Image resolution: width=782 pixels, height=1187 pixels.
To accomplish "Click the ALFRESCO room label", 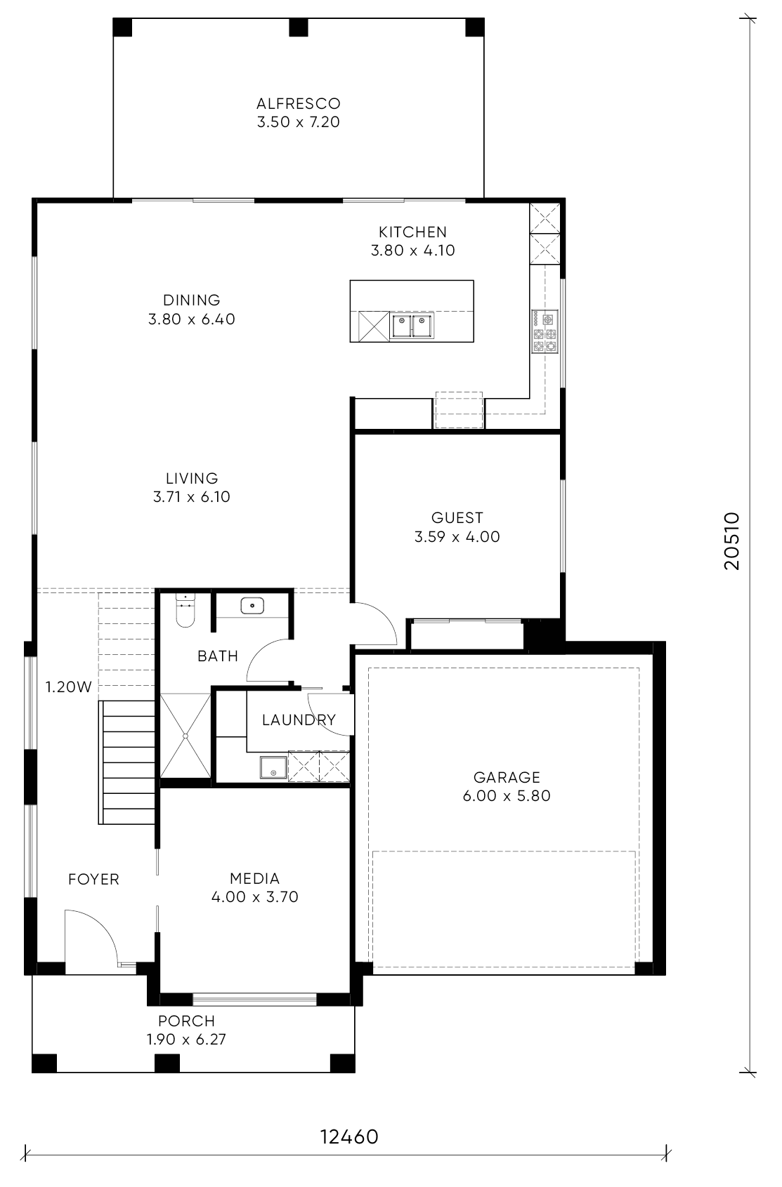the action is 298,103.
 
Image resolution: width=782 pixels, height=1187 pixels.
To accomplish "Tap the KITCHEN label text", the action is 412,232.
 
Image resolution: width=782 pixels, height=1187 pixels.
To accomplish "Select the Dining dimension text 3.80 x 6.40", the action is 192,319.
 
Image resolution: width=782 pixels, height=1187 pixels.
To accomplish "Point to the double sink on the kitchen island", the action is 412,326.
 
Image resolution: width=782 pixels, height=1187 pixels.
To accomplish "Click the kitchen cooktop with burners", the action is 545,332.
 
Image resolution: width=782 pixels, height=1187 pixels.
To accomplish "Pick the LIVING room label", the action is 192,479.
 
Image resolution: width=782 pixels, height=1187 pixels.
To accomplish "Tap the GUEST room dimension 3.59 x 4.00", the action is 457,537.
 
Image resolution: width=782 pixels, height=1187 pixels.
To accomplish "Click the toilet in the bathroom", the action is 185,611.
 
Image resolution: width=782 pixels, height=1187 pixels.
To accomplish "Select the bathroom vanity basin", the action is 252,605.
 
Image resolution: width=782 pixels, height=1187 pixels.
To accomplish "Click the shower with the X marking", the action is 185,736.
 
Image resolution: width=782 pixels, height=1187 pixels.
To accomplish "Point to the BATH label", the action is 218,656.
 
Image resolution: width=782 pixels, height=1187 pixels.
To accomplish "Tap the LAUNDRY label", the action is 299,720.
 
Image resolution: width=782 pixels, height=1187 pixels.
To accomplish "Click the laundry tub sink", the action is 273,767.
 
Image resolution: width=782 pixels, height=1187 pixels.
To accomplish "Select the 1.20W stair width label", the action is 68,687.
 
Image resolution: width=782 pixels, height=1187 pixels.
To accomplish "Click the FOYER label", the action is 93,879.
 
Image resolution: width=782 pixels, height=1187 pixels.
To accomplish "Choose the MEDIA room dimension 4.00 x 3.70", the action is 254,896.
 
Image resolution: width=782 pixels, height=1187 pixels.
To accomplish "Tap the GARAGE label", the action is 507,777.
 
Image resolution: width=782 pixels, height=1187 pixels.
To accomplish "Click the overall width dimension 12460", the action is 349,1136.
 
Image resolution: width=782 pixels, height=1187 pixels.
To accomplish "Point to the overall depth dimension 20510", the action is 731,541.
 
